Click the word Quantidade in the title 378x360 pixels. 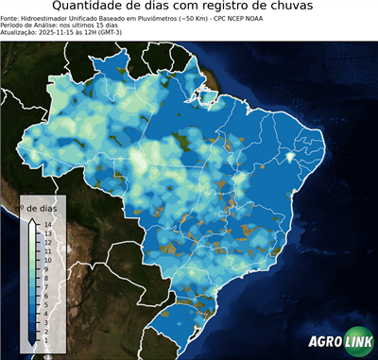point(91,9)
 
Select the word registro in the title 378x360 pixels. point(243,9)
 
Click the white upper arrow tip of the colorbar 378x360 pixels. point(31,221)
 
